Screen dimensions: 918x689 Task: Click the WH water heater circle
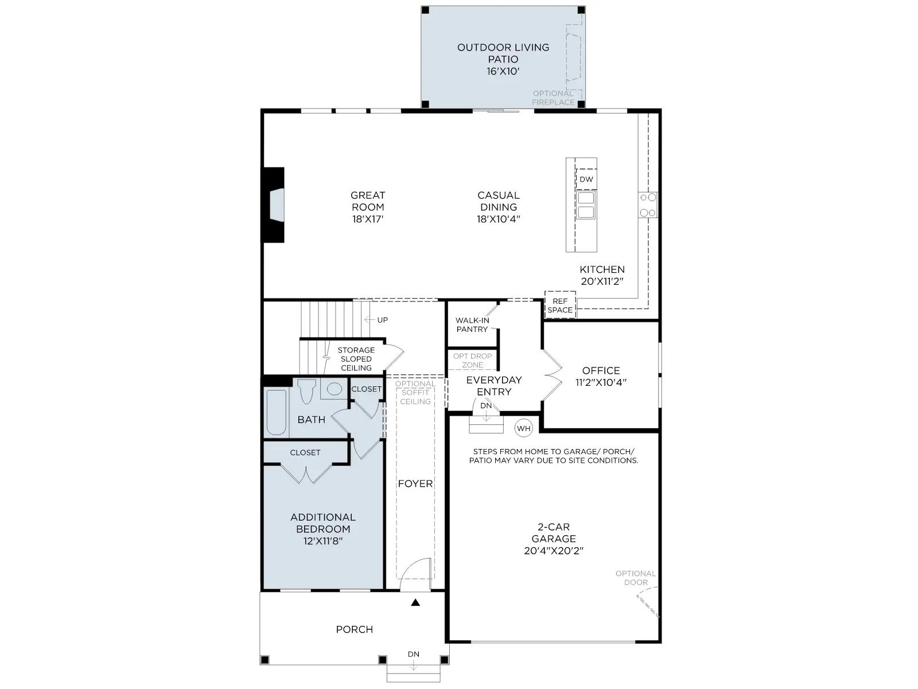(524, 428)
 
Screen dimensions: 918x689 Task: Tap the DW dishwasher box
(586, 179)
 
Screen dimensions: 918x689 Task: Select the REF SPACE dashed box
(560, 305)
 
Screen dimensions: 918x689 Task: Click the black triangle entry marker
(415, 602)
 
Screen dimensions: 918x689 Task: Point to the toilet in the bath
(307, 391)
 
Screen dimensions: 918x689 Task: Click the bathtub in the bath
(277, 412)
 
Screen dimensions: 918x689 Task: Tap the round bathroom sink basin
(334, 389)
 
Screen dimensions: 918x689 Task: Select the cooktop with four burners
(648, 204)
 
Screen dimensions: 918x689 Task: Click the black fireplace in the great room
(273, 205)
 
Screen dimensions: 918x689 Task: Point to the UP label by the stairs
(382, 320)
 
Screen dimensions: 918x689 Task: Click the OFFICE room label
(601, 371)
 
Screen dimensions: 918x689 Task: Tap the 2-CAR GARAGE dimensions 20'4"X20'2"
(554, 551)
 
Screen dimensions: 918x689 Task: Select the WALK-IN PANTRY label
(472, 324)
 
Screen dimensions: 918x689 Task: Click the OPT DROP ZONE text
(473, 361)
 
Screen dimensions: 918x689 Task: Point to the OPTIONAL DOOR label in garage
(636, 578)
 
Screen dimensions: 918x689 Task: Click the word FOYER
(415, 483)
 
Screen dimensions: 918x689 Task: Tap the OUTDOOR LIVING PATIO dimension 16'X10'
(503, 71)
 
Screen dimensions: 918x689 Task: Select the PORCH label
(354, 629)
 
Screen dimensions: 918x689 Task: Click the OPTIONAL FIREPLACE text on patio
(553, 98)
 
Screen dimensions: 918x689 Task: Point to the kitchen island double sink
(586, 205)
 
